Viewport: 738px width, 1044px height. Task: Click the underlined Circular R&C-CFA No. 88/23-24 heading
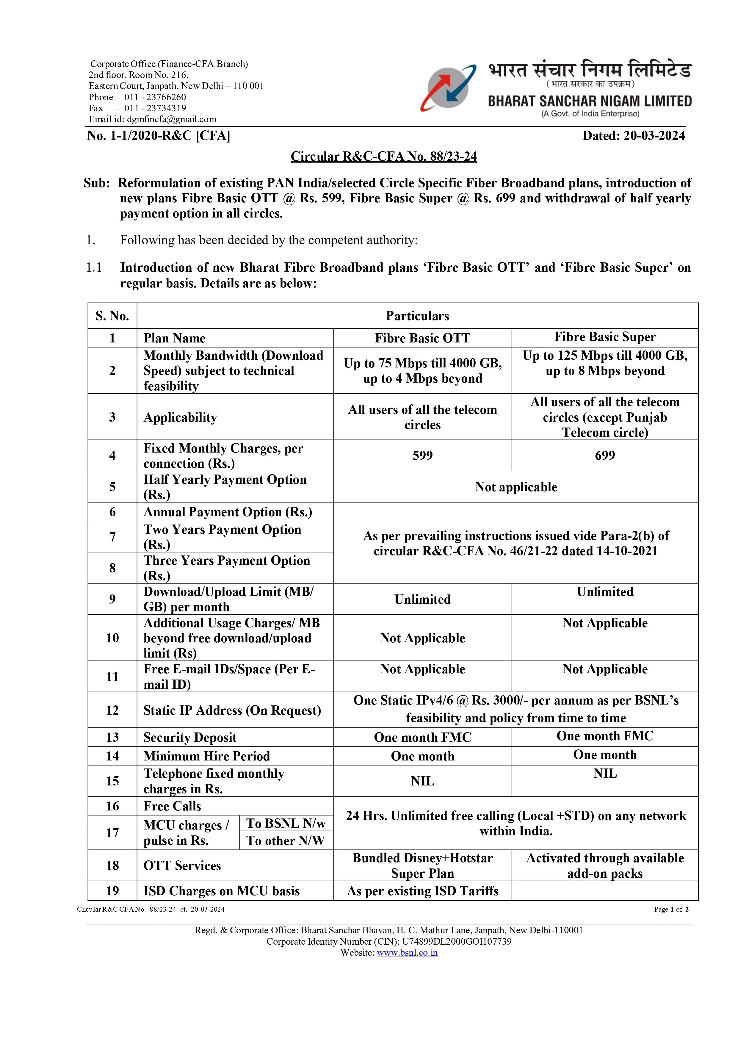(383, 156)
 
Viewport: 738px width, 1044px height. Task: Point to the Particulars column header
(417, 316)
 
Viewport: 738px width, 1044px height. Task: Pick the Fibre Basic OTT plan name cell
(422, 338)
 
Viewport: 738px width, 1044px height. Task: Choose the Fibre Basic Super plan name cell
(604, 337)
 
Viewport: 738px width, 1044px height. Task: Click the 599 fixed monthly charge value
(422, 455)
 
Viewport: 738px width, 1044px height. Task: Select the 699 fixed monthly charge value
(604, 455)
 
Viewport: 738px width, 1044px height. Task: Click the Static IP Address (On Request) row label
(232, 710)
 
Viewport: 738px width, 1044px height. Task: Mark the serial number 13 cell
(112, 737)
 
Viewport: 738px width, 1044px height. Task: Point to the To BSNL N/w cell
(286, 824)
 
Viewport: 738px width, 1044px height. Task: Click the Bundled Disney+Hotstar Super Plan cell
(422, 865)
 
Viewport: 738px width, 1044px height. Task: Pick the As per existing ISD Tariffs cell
(422, 891)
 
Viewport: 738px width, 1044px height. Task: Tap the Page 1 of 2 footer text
(671, 910)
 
